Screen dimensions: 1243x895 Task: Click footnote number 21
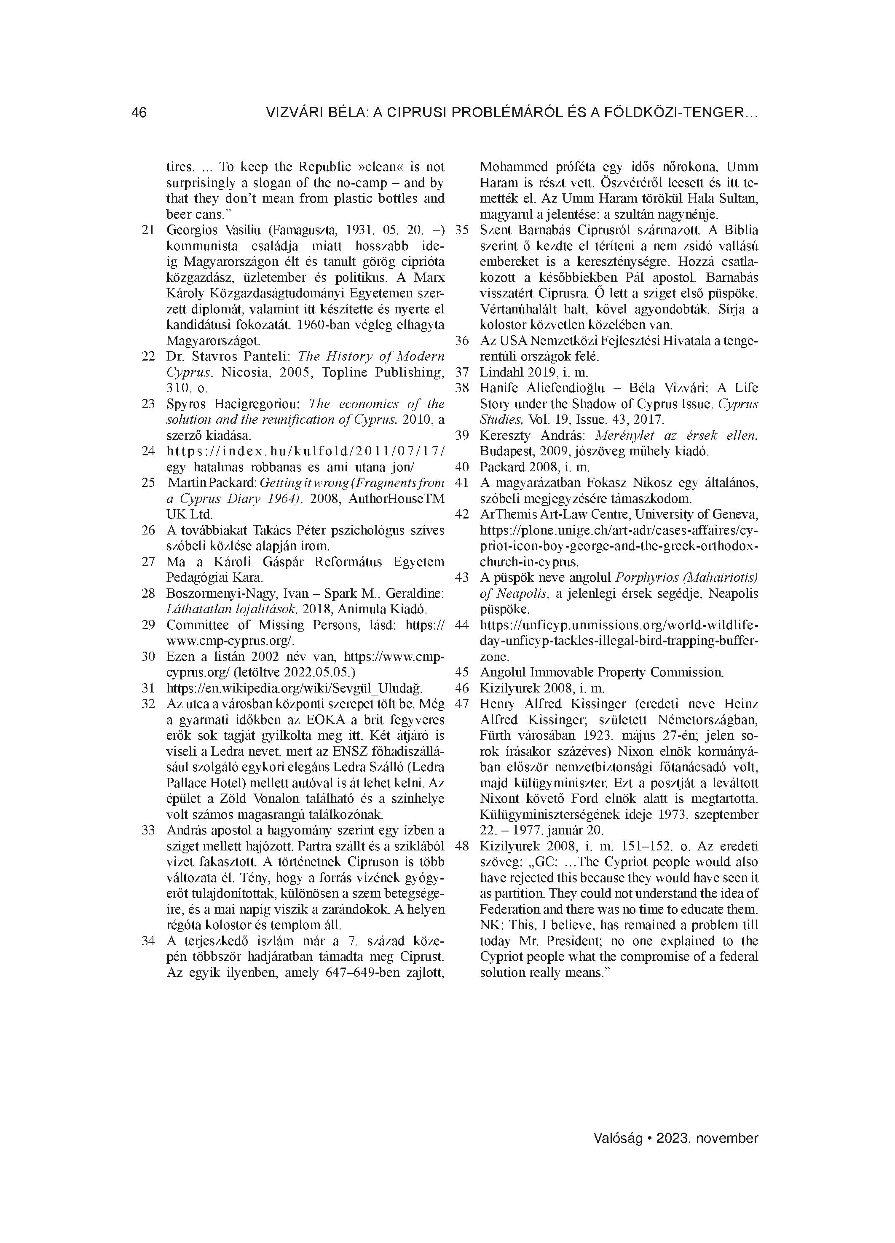coord(148,230)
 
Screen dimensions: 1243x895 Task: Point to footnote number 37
coord(462,372)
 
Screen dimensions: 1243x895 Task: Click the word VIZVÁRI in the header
coord(294,113)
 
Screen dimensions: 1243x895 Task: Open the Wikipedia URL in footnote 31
coord(295,688)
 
